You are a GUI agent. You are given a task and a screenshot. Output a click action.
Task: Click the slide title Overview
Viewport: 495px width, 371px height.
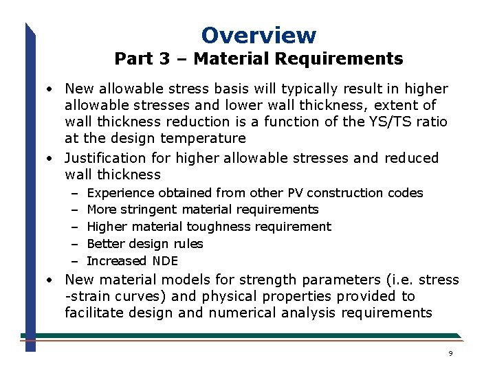point(258,35)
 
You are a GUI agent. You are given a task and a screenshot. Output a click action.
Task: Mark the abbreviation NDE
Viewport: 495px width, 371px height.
point(164,261)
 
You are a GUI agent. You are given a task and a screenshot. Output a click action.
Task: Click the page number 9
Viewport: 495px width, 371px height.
point(450,353)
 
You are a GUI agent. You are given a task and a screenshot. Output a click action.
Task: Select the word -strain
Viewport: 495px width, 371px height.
point(86,297)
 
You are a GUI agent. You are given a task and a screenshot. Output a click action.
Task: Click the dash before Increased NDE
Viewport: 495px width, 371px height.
point(73,261)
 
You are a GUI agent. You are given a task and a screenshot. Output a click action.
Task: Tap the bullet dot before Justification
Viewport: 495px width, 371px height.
point(51,159)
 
